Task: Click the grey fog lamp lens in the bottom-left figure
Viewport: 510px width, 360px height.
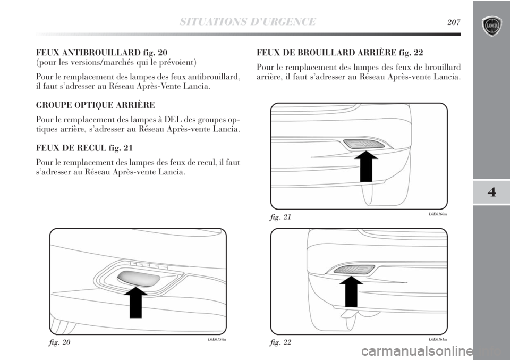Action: (x=139, y=277)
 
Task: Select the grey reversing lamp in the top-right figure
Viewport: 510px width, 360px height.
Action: (x=364, y=144)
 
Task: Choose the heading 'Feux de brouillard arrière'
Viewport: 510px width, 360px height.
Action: (x=340, y=52)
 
